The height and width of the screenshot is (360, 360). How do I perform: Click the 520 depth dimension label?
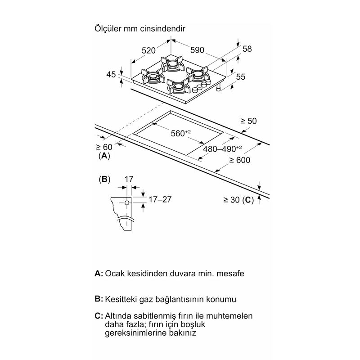click(x=148, y=50)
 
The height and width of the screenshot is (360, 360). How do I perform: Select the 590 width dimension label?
click(x=197, y=50)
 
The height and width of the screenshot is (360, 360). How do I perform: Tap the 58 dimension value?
click(x=247, y=49)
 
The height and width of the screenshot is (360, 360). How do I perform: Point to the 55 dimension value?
click(x=241, y=76)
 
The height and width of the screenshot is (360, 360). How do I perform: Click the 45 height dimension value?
click(x=111, y=74)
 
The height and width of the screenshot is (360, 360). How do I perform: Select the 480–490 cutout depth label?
click(x=222, y=149)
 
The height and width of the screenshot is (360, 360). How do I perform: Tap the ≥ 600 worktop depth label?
click(x=240, y=160)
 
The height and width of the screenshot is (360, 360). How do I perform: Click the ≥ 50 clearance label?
click(x=248, y=121)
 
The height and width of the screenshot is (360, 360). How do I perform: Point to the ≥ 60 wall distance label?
click(x=104, y=147)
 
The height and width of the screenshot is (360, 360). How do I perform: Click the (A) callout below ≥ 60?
click(x=104, y=156)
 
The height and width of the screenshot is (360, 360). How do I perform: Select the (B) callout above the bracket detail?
click(x=104, y=179)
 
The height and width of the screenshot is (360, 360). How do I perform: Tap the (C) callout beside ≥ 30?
click(x=248, y=200)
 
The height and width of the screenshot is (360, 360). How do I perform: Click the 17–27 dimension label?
click(x=160, y=199)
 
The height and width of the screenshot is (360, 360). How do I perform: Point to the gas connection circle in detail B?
click(x=127, y=203)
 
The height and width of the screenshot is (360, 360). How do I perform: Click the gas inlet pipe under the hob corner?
click(x=218, y=87)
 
